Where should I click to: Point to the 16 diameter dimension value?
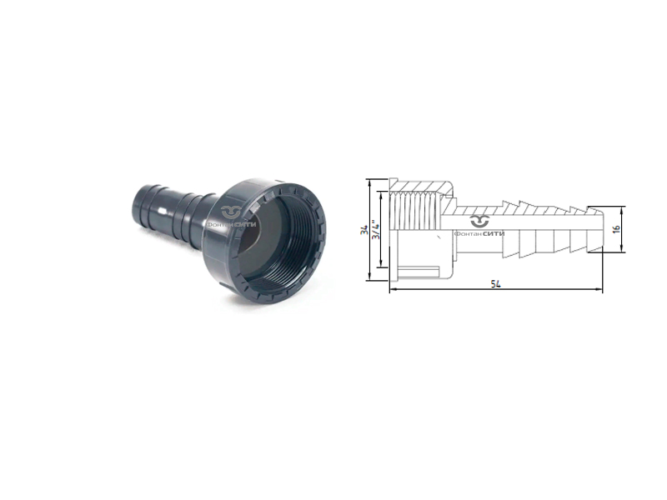point(617,227)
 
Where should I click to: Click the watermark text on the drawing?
point(482,232)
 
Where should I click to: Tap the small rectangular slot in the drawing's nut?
point(422,268)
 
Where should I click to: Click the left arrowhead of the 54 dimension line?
point(393,290)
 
